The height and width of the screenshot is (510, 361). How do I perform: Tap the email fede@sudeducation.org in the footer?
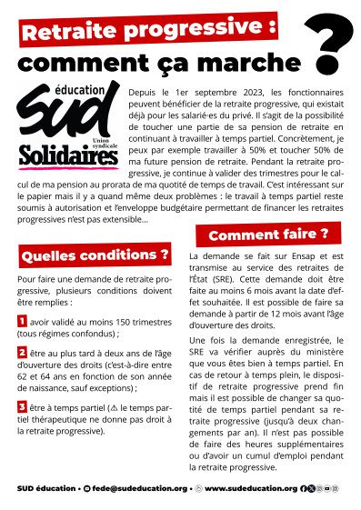[136, 488]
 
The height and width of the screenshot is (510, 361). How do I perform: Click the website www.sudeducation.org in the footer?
[250, 488]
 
